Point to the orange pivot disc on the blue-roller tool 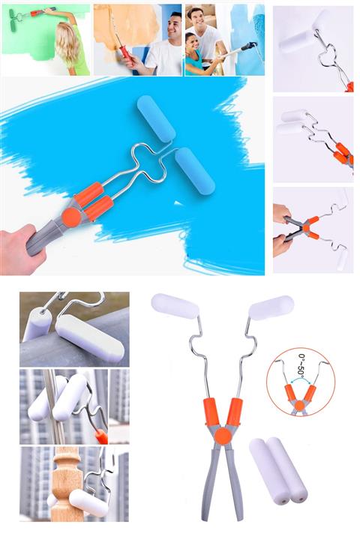click(x=72, y=217)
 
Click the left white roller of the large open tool click(x=175, y=306)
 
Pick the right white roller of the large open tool click(x=271, y=307)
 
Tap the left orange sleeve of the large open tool click(x=211, y=412)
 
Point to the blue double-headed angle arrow click(x=301, y=379)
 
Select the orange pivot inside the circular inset click(x=300, y=405)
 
